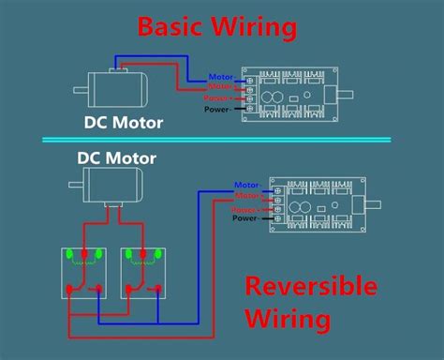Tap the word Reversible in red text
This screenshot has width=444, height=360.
click(323, 287)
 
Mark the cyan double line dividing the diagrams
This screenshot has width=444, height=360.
click(222, 140)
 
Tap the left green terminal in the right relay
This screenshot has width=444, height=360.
click(127, 254)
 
